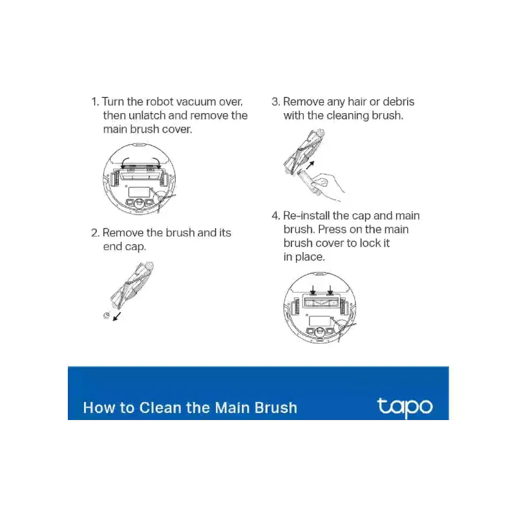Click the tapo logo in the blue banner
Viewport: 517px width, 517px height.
[405, 408]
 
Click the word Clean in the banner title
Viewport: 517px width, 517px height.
[160, 408]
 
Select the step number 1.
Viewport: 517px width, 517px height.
[95, 101]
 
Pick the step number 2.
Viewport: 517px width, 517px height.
[95, 233]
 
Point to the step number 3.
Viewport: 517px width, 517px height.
[276, 101]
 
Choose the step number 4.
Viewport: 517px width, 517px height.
[276, 216]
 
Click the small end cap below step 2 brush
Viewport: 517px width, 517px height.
[106, 316]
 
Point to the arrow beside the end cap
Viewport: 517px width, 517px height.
[117, 316]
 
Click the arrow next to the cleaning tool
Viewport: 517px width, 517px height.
[310, 165]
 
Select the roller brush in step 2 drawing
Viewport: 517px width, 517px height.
[132, 286]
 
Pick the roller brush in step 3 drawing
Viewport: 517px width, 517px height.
[304, 152]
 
